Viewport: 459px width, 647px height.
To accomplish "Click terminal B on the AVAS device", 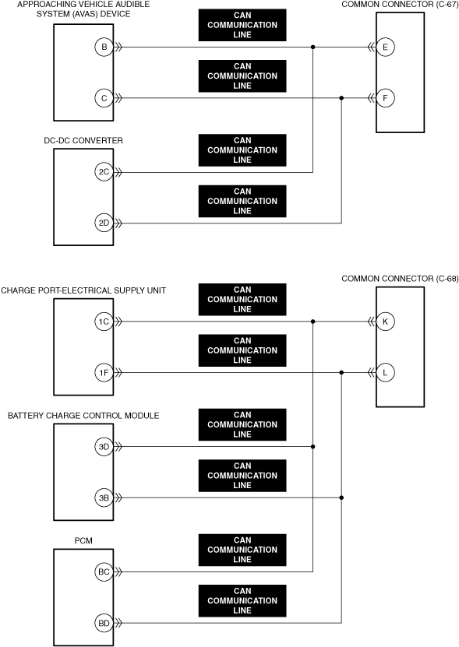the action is tap(104, 47).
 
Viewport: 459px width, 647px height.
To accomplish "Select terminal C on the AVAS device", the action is tap(104, 98).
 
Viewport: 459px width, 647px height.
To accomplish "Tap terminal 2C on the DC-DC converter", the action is tap(104, 172).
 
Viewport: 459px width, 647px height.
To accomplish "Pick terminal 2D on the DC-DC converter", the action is tap(104, 223).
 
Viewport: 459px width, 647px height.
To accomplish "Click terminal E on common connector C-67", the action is tap(386, 47).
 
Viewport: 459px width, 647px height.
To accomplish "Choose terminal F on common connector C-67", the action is tap(386, 98).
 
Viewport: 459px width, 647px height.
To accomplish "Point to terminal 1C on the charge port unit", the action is tap(104, 322).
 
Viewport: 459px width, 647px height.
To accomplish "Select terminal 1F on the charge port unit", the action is tap(104, 373).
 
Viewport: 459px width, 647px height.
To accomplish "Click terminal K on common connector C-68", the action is tap(386, 322).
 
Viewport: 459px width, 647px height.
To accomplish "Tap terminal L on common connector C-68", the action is tap(386, 373).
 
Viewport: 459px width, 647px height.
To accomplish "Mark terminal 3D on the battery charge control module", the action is tap(104, 446).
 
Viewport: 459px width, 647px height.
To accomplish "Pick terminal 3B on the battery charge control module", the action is tap(104, 498).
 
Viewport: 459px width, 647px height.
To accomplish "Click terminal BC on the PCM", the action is tap(104, 572).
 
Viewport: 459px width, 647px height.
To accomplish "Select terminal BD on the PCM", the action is tap(104, 623).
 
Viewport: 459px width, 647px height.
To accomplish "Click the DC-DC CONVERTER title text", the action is tap(83, 141).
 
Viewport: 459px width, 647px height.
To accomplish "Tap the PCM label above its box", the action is tap(83, 540).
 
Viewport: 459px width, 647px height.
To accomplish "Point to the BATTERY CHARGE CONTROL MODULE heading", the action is tap(83, 416).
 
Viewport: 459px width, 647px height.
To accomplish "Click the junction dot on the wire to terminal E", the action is tap(312, 47).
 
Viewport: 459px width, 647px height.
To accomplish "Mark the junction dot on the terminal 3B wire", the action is tap(341, 498).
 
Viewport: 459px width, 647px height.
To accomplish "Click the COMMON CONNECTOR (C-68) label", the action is tap(400, 279).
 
